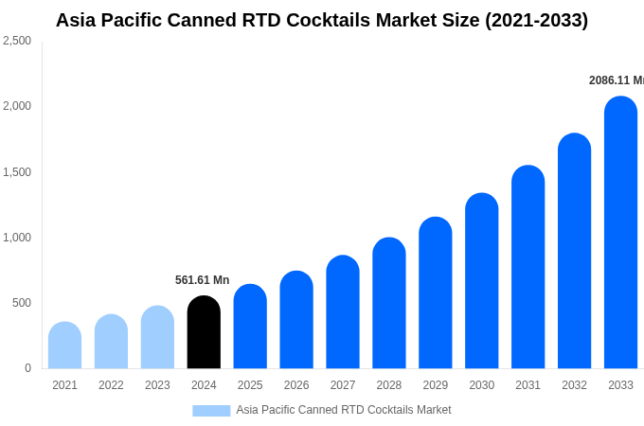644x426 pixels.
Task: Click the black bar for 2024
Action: coord(204,333)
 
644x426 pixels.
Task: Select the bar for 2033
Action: coord(620,233)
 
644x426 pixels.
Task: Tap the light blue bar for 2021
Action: coord(64,346)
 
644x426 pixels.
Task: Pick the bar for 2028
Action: coord(389,304)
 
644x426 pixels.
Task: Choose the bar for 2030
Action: coord(482,281)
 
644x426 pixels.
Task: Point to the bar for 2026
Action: coord(296,320)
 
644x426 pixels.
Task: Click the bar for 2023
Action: coord(157,338)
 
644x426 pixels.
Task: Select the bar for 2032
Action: coord(574,252)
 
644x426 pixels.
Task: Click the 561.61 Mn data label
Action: coord(202,280)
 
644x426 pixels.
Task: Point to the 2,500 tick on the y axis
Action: coord(17,41)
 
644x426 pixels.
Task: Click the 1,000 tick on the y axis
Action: coord(17,238)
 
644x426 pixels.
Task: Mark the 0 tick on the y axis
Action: coord(27,368)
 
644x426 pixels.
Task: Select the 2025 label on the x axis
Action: coord(250,385)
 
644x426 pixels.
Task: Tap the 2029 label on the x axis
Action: coord(436,385)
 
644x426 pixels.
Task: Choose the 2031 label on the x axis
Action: coord(528,385)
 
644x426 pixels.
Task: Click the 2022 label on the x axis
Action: coord(111,385)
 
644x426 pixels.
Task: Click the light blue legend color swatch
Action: coord(211,410)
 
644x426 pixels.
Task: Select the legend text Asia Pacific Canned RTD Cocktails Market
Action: coord(344,410)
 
